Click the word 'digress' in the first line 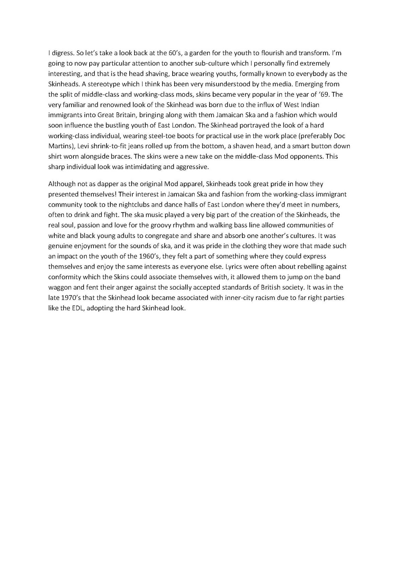pos(62,54)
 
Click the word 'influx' pos(258,105)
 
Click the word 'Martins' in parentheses pos(59,146)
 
